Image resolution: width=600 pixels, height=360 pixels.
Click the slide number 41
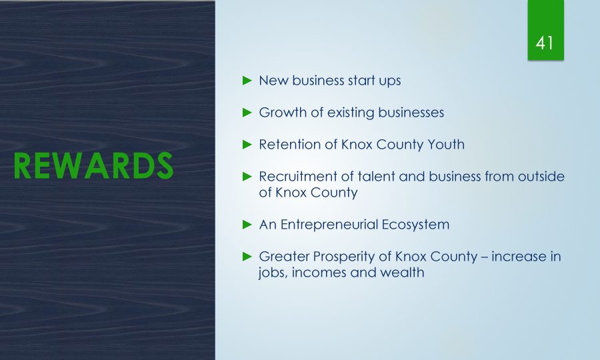click(x=545, y=43)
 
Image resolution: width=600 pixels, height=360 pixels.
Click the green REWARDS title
click(x=94, y=165)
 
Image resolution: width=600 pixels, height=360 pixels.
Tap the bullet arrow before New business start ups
click(x=247, y=81)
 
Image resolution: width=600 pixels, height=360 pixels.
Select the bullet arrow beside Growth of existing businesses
click(x=247, y=113)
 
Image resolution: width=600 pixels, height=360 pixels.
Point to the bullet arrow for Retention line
click(x=247, y=145)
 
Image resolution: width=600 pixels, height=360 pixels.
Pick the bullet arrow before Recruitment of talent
click(x=247, y=177)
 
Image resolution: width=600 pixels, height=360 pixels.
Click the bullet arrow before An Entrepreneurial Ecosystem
click(x=247, y=225)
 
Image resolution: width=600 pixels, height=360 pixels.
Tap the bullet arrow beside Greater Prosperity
click(x=247, y=256)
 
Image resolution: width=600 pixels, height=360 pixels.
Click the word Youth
click(x=446, y=145)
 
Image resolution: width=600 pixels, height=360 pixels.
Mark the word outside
click(x=541, y=177)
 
